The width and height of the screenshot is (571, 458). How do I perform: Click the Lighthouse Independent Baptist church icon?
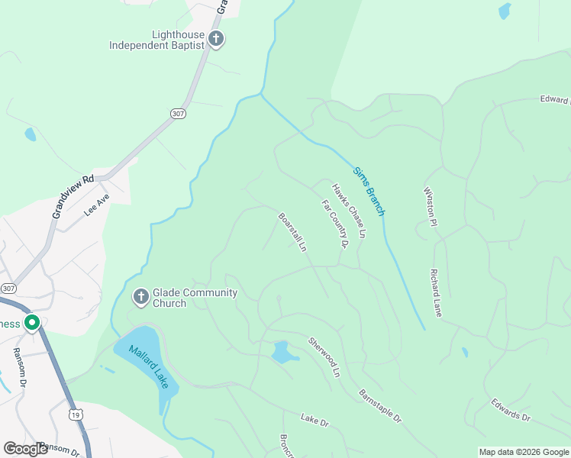click(x=216, y=39)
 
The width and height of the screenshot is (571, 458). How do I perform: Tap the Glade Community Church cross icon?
click(x=140, y=297)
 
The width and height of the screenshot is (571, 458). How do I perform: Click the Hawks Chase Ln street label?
click(x=349, y=210)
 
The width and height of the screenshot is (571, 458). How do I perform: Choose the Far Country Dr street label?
click(x=334, y=224)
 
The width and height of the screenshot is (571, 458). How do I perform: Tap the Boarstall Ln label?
click(x=292, y=232)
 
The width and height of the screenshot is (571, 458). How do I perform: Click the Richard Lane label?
click(x=436, y=292)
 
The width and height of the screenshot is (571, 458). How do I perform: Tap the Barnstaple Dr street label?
click(x=380, y=405)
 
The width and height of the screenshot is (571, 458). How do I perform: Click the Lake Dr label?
click(x=314, y=419)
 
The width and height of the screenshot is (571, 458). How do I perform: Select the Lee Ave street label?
click(x=97, y=206)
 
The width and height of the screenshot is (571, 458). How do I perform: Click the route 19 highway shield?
click(x=75, y=414)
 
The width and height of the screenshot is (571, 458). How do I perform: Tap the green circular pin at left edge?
click(x=32, y=323)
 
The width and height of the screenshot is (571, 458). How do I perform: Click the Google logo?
click(x=25, y=450)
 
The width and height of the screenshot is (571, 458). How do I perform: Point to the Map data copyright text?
click(x=524, y=452)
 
